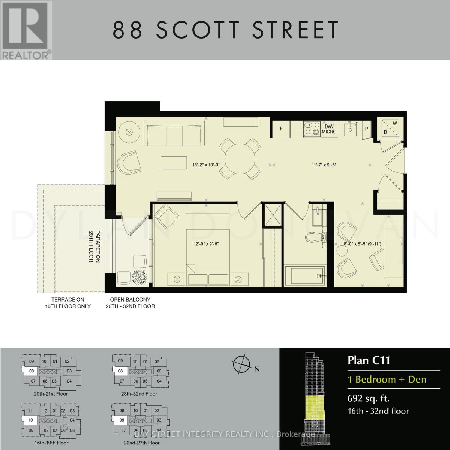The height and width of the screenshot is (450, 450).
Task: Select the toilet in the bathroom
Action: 313,237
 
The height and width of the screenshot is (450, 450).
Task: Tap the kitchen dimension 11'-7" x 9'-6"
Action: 322,164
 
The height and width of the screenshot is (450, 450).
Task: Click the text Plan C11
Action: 369,360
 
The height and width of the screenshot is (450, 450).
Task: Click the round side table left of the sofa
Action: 129,132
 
